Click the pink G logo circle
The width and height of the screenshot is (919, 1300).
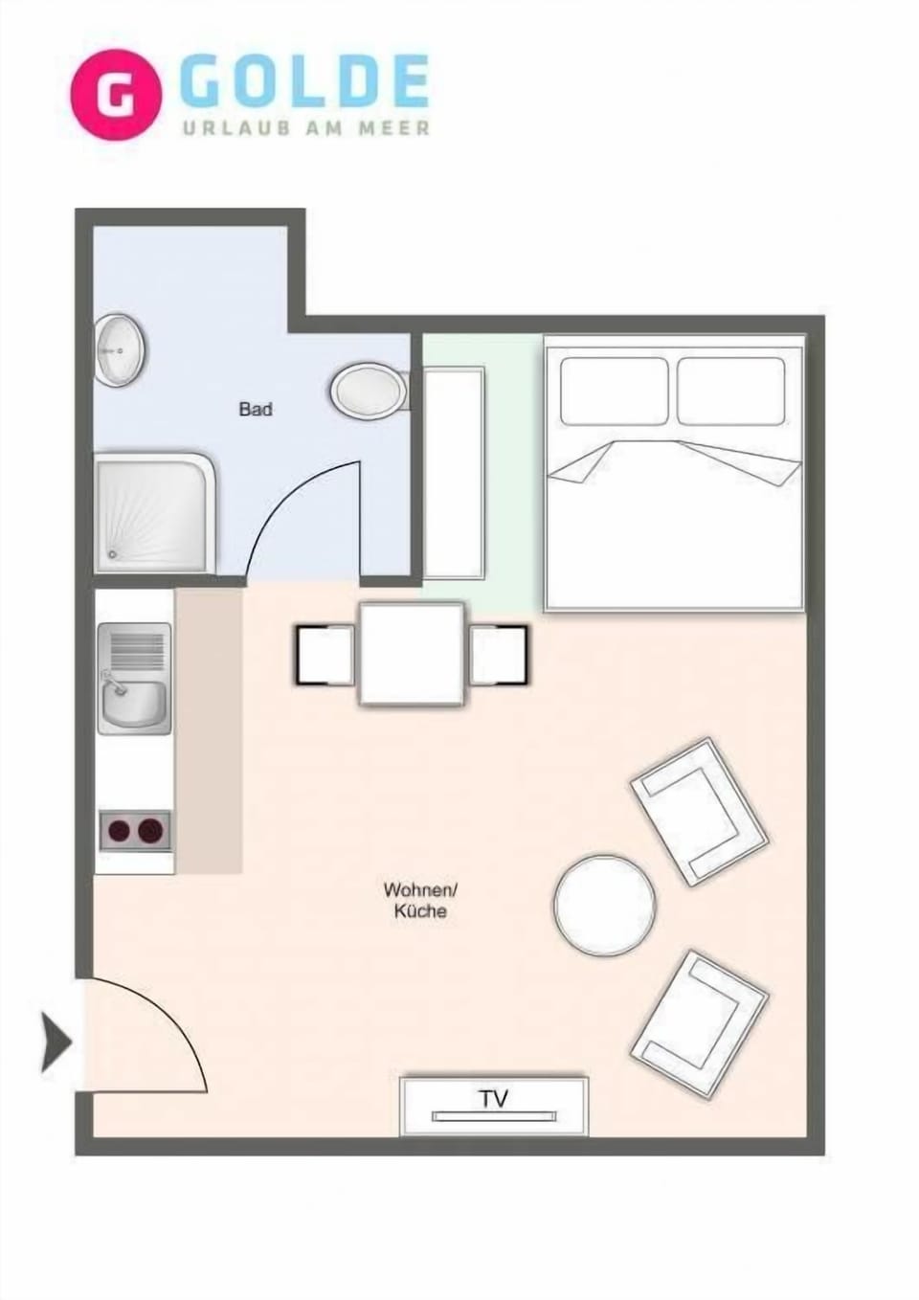[116, 95]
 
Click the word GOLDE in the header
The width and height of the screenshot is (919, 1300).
[304, 82]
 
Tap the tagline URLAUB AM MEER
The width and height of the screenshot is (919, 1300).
[306, 127]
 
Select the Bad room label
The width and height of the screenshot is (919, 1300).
[256, 410]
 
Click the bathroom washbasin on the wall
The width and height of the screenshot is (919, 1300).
[120, 350]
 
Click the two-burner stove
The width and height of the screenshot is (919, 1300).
[135, 830]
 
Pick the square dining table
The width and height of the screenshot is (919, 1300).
[412, 654]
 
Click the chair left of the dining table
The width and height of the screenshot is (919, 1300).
[325, 654]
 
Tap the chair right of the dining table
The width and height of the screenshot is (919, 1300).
[498, 654]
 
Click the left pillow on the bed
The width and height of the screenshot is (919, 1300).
[614, 391]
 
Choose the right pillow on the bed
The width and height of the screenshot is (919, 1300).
[731, 391]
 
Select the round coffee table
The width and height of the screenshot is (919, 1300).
[604, 905]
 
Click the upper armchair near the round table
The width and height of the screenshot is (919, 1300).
[699, 810]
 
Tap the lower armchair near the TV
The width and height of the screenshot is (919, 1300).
[699, 1022]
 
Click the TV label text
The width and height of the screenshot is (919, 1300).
[494, 1098]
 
